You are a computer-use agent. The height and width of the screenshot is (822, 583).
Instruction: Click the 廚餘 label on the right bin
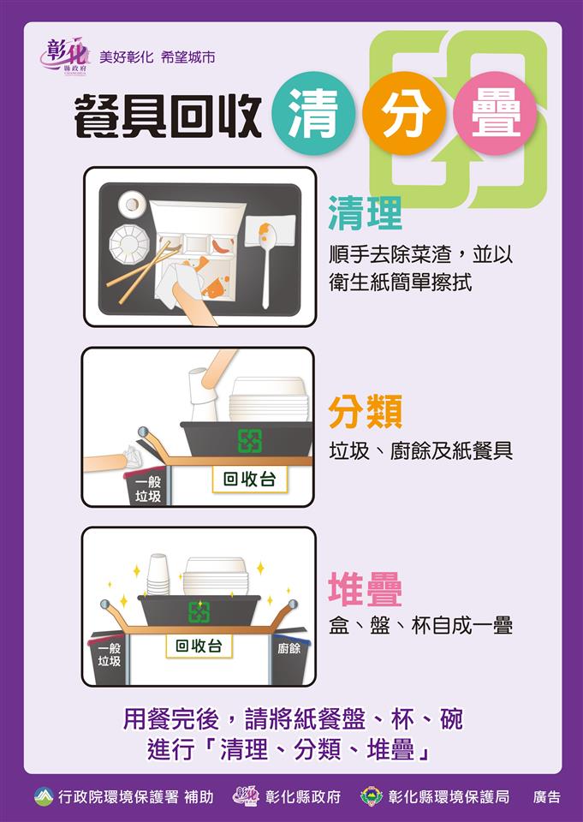pyautogui.click(x=289, y=648)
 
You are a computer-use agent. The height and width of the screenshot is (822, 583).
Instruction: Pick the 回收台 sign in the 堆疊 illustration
pyautogui.click(x=199, y=646)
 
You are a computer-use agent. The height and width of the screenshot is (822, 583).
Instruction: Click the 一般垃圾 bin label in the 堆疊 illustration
pyautogui.click(x=109, y=655)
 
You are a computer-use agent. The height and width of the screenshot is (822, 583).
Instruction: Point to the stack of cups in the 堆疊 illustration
pyautogui.click(x=158, y=574)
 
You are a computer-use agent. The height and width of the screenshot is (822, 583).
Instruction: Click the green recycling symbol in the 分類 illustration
pyautogui.click(x=249, y=440)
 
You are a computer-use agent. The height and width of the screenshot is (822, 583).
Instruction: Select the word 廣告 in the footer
pyautogui.click(x=546, y=796)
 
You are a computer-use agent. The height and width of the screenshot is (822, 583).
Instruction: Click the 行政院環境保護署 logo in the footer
pyautogui.click(x=44, y=796)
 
